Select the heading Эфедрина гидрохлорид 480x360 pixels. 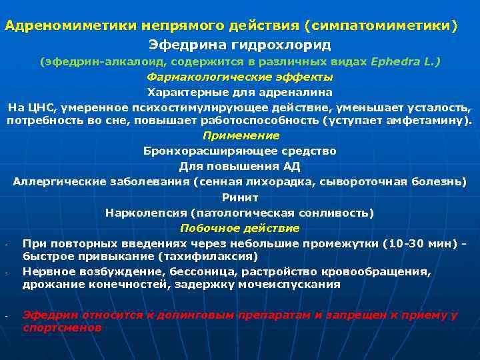[x=239, y=45]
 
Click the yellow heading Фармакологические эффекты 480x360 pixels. [x=239, y=77]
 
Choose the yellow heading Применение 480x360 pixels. [x=240, y=135]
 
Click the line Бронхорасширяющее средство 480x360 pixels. [x=239, y=151]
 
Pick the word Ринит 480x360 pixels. [x=239, y=197]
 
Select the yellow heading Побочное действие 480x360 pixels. [x=239, y=228]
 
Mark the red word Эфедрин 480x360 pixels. [x=47, y=315]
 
